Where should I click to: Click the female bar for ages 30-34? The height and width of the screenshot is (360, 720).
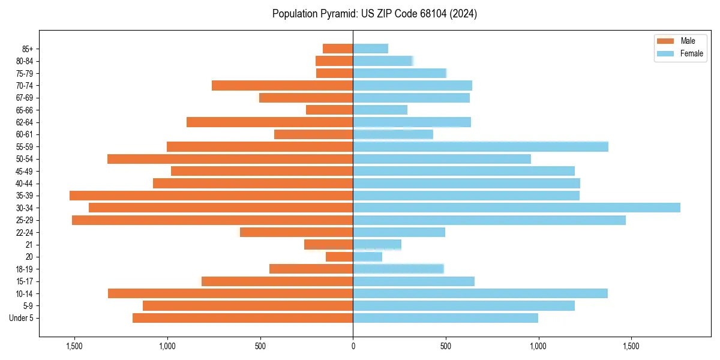516,208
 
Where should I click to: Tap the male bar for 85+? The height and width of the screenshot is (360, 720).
338,49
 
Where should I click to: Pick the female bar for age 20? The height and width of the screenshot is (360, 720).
367,257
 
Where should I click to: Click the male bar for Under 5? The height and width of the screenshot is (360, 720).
242,318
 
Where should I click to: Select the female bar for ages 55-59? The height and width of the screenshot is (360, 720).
480,146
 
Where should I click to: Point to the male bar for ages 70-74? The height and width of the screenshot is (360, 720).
282,85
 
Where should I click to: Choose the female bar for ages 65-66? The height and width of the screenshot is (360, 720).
380,110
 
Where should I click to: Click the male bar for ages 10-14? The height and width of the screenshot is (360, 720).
230,293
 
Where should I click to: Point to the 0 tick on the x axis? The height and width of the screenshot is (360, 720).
353,347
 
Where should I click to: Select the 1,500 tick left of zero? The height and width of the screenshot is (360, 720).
74,347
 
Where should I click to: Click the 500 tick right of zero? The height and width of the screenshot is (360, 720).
445,347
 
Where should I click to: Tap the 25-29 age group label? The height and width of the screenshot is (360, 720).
25,220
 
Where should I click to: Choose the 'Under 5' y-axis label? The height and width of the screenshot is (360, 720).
22,318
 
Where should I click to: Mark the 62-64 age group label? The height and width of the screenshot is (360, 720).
25,122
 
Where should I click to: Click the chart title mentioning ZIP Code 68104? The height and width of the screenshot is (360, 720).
374,14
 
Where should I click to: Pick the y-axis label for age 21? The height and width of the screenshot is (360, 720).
29,245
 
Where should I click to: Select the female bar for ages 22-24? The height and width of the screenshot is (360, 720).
399,232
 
